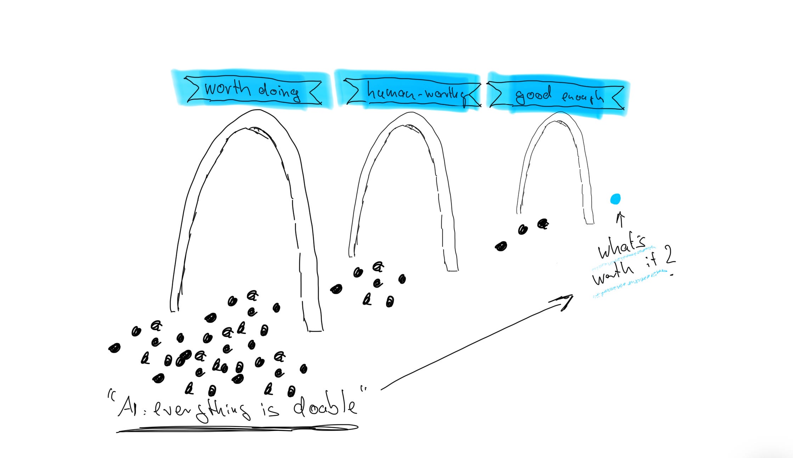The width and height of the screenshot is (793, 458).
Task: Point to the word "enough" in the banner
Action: coord(582,96)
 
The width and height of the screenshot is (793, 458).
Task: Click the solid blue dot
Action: coord(616,199)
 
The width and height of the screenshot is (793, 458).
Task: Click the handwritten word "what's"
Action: coord(622,248)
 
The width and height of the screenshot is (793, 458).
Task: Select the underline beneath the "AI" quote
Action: coord(237,429)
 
